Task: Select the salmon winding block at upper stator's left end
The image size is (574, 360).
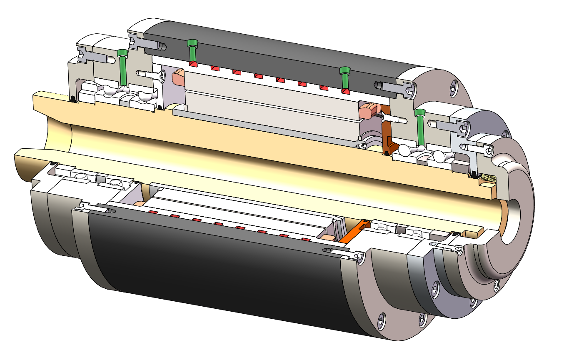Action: point(178,77)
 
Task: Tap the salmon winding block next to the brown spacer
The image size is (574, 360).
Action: point(367,111)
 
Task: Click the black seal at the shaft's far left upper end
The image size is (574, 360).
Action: point(73,99)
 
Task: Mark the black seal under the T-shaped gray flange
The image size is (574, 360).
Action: point(474,174)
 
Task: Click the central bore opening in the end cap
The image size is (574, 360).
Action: point(512,221)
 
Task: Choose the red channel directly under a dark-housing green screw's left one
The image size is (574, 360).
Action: point(193,63)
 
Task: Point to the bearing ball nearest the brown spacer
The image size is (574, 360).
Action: point(404,149)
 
